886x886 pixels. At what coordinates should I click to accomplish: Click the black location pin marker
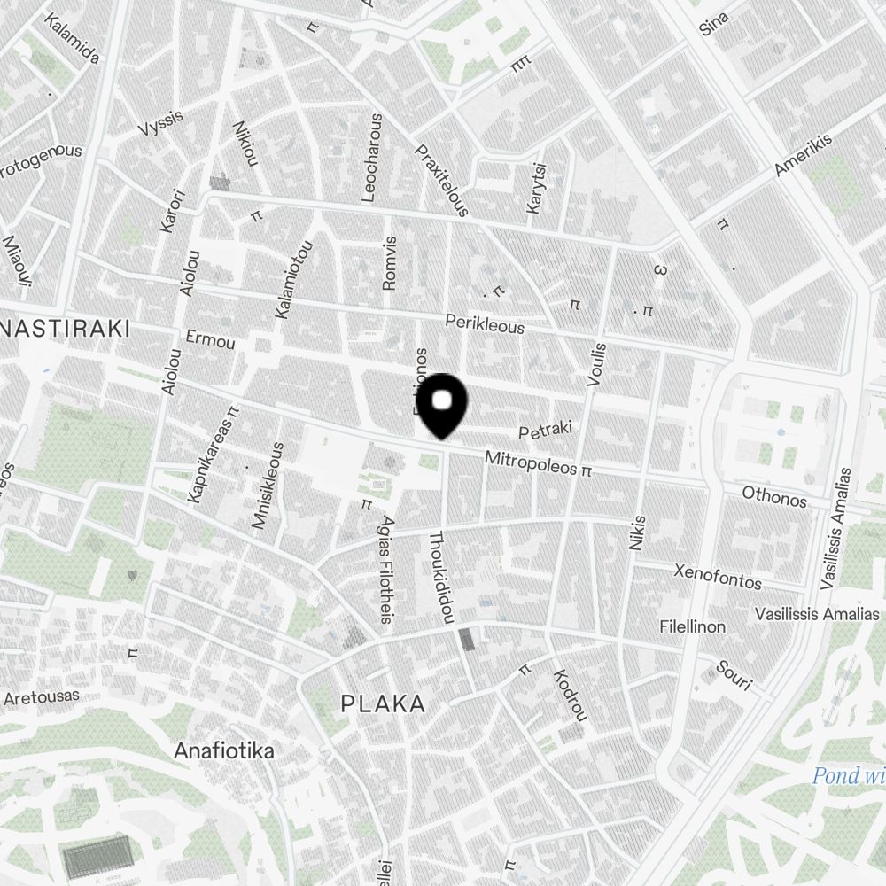coord(441,405)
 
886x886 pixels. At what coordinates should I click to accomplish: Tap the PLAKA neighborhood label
coord(383,704)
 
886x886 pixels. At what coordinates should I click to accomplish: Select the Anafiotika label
coord(223,751)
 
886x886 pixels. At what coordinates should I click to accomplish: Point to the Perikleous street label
coord(485,323)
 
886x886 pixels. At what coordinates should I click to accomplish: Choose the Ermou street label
coord(211,339)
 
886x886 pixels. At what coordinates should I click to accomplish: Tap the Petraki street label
coord(545,431)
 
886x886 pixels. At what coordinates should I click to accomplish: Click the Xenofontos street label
coord(718,577)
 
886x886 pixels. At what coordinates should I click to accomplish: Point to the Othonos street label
coord(774,496)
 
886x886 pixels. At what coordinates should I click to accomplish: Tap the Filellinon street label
coord(692,626)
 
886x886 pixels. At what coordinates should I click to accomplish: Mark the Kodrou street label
coord(570,695)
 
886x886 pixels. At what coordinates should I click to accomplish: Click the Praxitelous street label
coord(442,181)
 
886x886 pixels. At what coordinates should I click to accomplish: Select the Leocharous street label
coord(373,158)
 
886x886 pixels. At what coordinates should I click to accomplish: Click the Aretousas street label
coord(41,697)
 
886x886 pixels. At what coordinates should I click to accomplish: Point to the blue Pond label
coord(849,777)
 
